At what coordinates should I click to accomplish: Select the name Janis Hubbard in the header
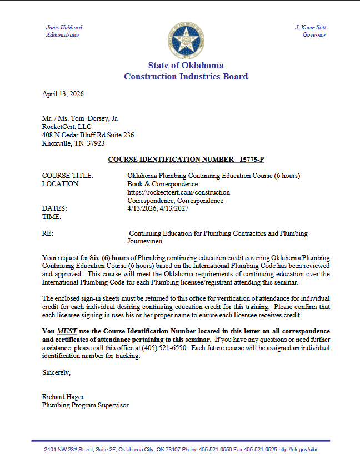tap(64, 27)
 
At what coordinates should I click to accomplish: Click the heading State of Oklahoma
tap(186, 66)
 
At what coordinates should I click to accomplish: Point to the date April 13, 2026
tap(63, 94)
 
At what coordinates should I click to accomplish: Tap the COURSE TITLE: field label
tap(68, 176)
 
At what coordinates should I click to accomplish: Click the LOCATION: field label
tap(61, 184)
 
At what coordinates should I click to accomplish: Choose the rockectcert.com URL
tap(178, 192)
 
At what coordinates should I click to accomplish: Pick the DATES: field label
tap(54, 208)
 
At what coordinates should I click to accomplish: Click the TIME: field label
tap(52, 217)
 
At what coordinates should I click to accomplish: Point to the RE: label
tap(48, 233)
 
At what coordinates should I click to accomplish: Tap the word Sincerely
tap(56, 372)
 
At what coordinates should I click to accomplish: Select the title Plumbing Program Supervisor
tap(85, 405)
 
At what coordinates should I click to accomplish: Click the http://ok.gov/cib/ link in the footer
tap(298, 449)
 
